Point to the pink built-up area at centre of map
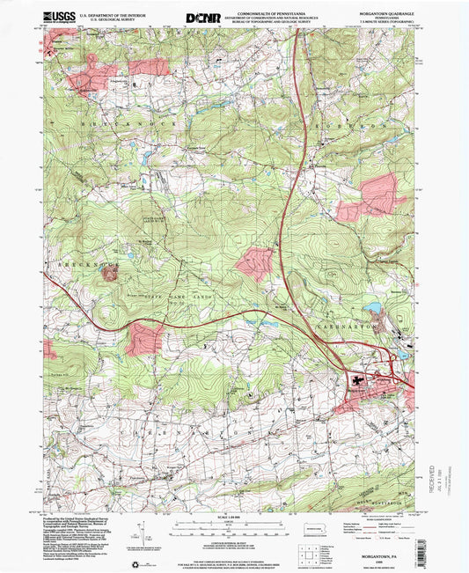coord(254,263)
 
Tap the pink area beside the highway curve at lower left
coord(143,339)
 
